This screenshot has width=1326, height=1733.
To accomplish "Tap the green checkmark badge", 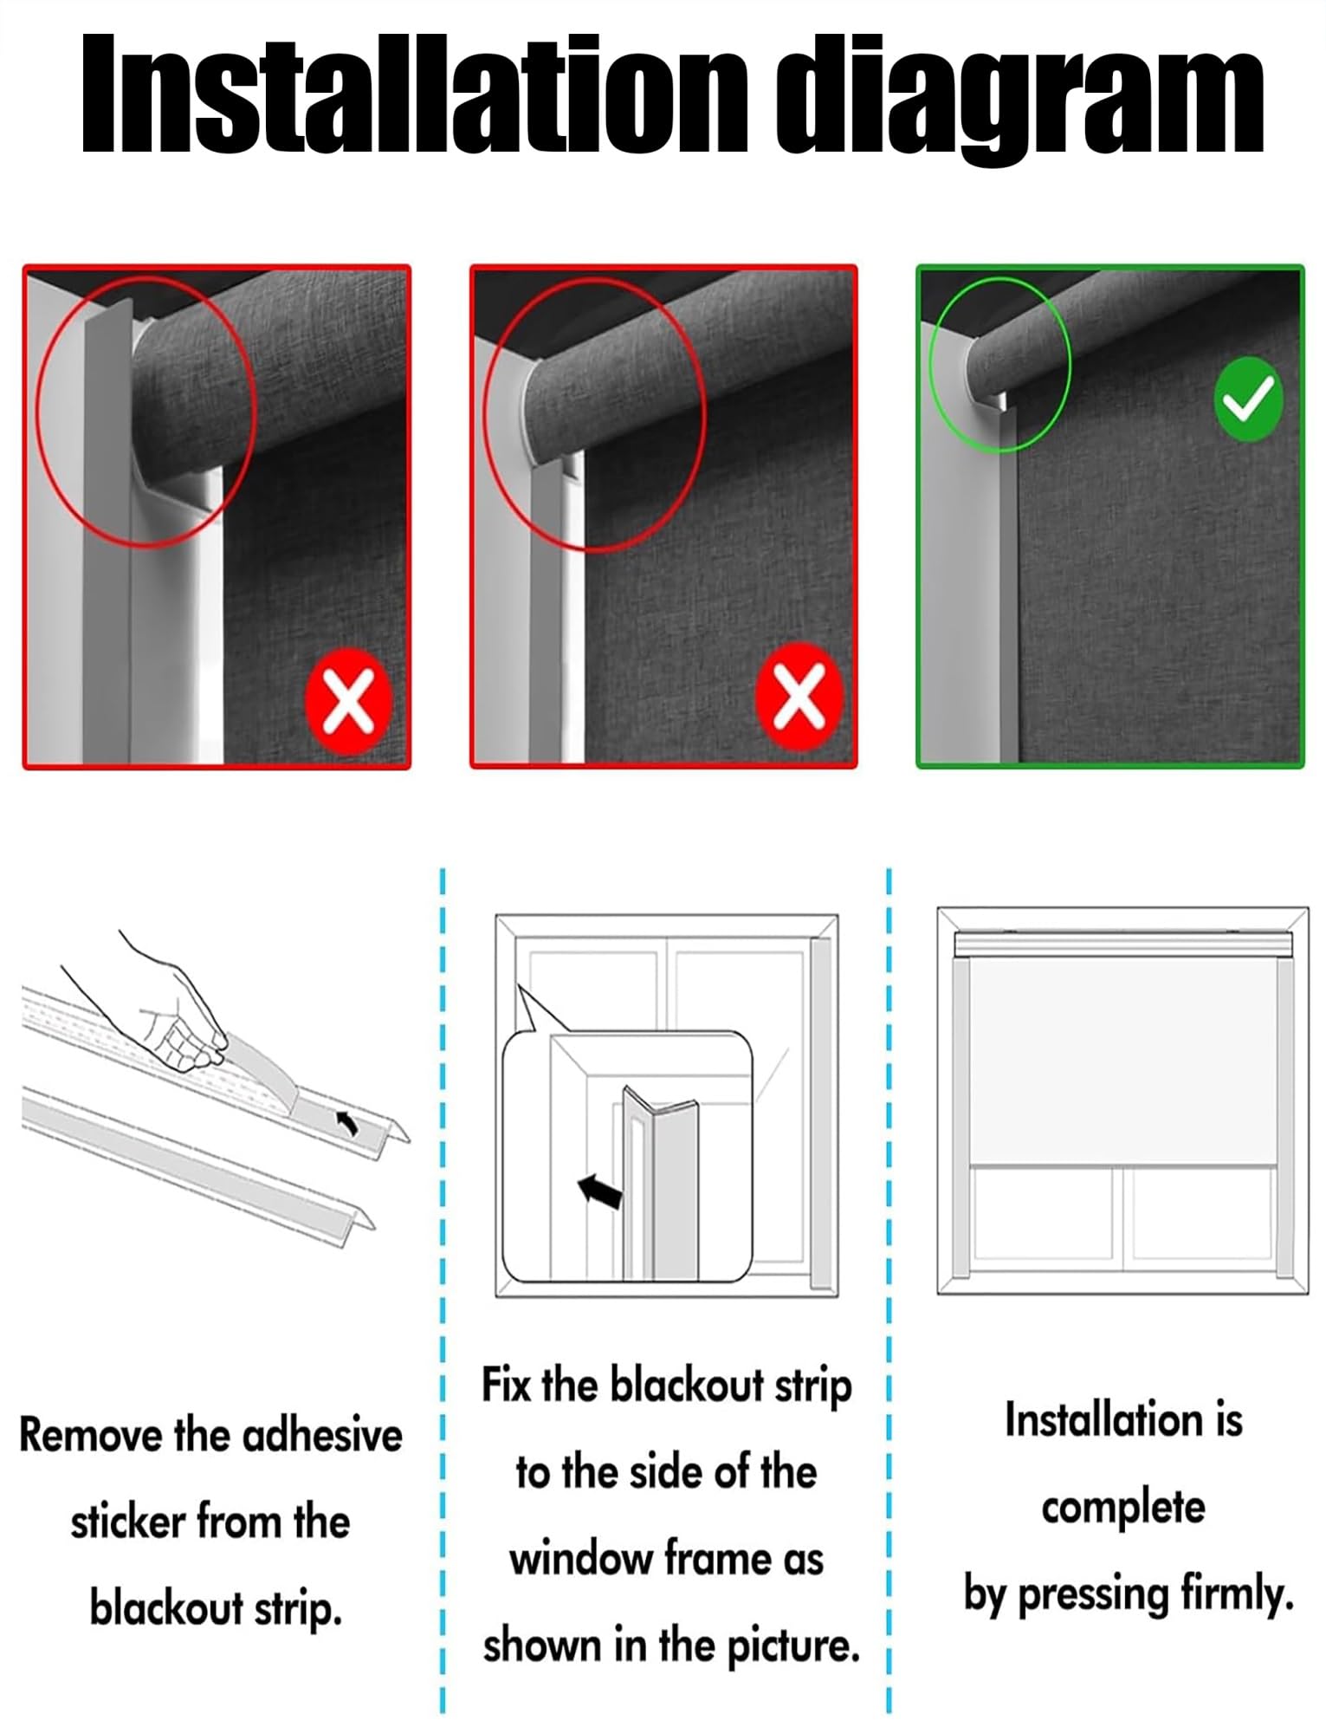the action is click(x=1248, y=400).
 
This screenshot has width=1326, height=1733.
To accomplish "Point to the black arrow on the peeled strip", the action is click(x=347, y=1123).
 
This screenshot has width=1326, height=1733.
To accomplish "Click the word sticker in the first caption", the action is click(x=128, y=1522).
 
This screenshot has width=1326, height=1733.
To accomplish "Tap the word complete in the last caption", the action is click(x=1122, y=1509).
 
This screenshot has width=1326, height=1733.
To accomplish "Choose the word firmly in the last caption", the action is click(x=1238, y=1594).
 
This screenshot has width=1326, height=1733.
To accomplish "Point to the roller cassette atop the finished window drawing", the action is click(x=1122, y=944).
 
